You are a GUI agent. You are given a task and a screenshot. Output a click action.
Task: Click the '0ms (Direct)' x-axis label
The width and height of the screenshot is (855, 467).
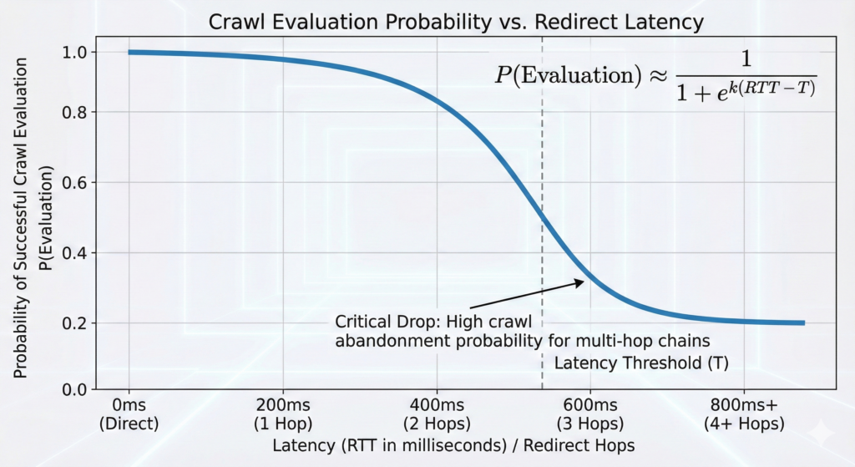(x=129, y=414)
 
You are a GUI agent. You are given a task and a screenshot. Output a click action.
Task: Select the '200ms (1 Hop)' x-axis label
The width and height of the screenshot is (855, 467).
(x=283, y=414)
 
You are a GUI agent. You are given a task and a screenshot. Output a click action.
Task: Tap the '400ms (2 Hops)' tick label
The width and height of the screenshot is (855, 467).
(x=437, y=414)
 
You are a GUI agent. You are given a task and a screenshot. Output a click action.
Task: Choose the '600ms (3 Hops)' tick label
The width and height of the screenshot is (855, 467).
(x=590, y=414)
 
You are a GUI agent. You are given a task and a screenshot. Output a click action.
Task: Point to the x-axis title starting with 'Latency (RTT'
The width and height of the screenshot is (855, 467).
(x=453, y=446)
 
